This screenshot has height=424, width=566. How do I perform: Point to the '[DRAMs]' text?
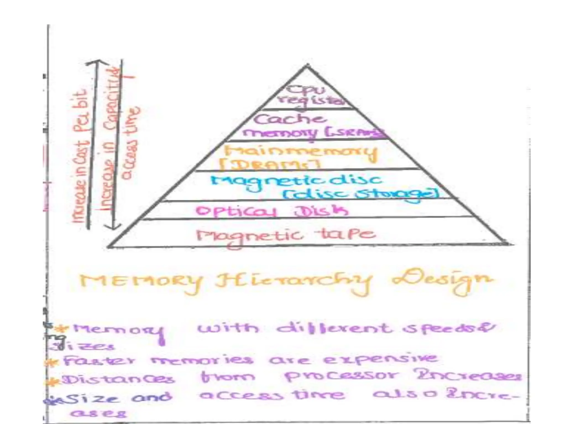coord(269,165)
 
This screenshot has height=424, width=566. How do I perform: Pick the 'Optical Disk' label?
coord(272,211)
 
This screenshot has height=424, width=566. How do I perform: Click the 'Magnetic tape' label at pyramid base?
coord(286,235)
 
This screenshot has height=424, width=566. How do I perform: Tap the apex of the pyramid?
coord(306,65)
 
